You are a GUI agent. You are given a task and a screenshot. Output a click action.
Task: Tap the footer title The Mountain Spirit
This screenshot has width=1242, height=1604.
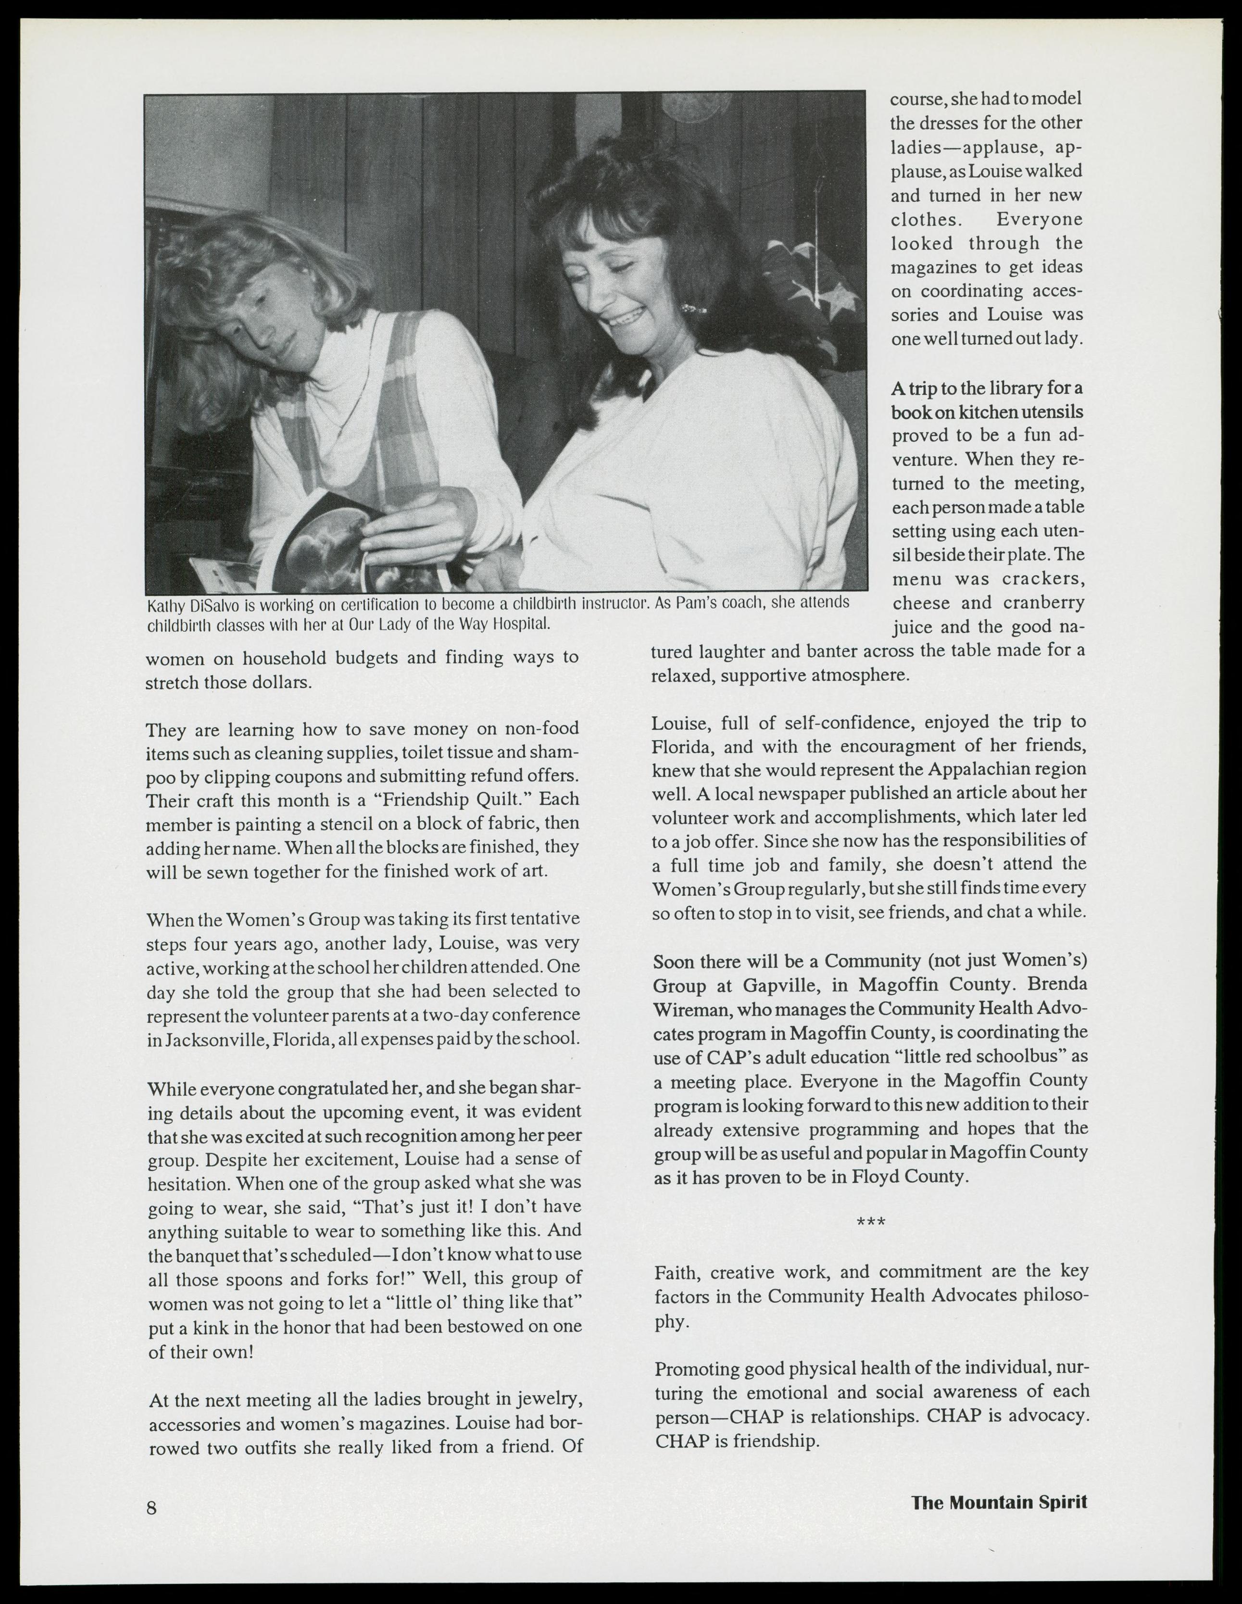click(x=999, y=1503)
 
